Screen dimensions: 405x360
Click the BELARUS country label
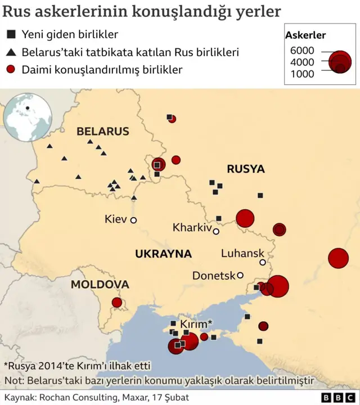coord(103,132)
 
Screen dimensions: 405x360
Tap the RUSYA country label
coord(246,169)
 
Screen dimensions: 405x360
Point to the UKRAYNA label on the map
coord(163,254)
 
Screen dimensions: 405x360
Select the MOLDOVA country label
coord(100,285)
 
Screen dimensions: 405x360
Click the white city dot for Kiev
coord(134,220)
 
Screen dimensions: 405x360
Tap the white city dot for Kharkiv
coord(216,231)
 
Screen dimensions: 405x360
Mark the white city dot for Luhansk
coord(263,262)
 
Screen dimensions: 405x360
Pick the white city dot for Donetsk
coord(240,275)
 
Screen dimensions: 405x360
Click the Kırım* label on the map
coord(196,324)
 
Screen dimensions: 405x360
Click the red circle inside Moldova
coord(117,303)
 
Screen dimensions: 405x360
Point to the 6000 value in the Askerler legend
coord(302,51)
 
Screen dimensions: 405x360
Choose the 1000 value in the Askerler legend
coord(302,74)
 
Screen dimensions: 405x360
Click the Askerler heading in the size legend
coord(305,35)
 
